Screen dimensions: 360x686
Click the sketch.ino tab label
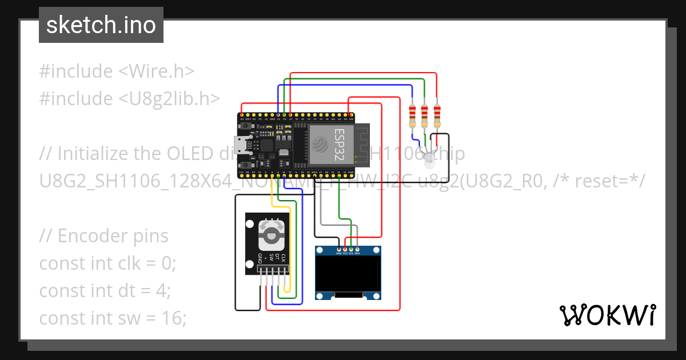point(101,25)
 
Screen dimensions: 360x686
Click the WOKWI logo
point(607,315)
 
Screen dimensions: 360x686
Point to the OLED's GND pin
point(340,250)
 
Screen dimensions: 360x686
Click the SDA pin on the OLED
point(357,250)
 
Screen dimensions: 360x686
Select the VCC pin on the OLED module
point(345,250)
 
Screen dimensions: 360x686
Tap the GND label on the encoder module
point(260,258)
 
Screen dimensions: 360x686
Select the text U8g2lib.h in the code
point(169,99)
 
